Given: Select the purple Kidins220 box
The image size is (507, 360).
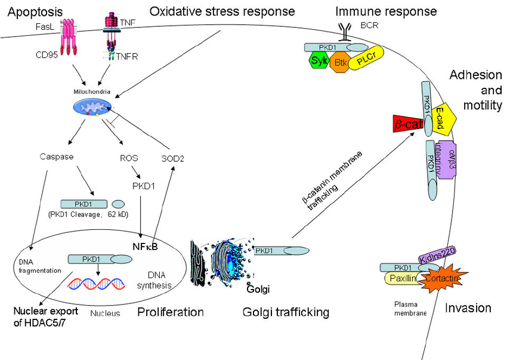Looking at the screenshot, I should tap(438, 257).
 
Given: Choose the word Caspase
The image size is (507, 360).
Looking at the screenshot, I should tap(55, 157).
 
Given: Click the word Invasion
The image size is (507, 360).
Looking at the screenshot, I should tap(468, 308).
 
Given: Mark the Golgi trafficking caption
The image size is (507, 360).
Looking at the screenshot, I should tap(286, 312).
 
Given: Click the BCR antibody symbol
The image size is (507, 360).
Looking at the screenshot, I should tap(345, 29).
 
